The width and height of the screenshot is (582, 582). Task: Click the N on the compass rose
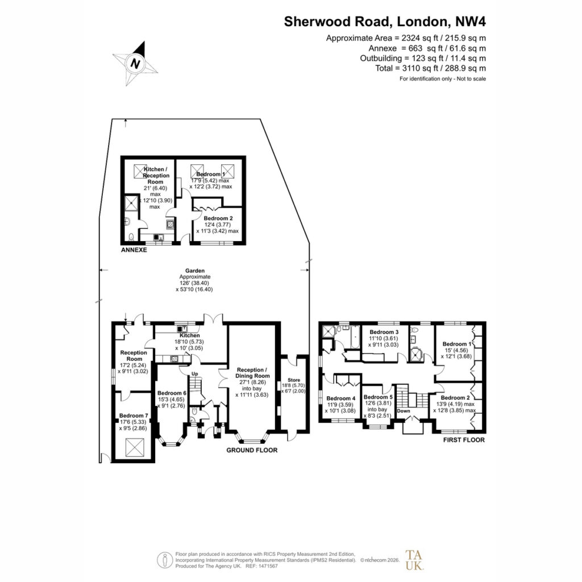coord(135,63)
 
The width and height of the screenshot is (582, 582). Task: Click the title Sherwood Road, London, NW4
coord(385,22)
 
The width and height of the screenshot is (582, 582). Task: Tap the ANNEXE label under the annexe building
coord(134,250)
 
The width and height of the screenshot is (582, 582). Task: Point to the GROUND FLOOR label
coord(252,450)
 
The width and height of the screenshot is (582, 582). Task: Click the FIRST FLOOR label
coord(464,440)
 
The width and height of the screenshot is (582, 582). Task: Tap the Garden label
coord(195,271)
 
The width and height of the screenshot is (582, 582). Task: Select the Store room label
coord(294,380)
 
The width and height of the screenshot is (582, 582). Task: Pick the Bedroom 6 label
coord(172,393)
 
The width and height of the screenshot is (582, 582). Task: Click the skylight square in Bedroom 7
coord(134,448)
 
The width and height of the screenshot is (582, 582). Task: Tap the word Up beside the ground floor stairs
coord(195,374)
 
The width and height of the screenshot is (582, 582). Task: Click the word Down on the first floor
coord(404,411)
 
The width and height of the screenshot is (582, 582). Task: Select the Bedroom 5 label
coord(378,397)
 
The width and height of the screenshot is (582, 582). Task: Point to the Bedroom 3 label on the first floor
coord(384,332)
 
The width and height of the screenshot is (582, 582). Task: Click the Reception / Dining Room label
coord(252,373)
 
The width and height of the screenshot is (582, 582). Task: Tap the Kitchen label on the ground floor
coord(190,335)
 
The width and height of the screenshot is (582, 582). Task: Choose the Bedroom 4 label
coord(341,398)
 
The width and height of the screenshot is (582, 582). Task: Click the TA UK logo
coord(414,560)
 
